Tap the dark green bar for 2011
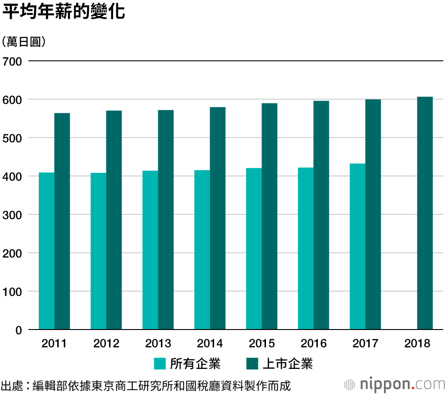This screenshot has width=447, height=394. click(x=62, y=221)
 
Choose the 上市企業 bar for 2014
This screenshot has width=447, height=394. click(x=218, y=218)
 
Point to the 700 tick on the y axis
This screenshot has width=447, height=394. click(x=12, y=61)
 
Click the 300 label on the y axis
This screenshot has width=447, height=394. click(x=12, y=214)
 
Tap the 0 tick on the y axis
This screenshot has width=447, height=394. click(x=18, y=330)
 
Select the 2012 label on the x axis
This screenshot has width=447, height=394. click(x=106, y=344)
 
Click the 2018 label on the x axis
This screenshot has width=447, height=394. click(x=417, y=344)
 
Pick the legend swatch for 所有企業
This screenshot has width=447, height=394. click(x=160, y=364)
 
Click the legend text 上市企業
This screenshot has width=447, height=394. click(x=287, y=364)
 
